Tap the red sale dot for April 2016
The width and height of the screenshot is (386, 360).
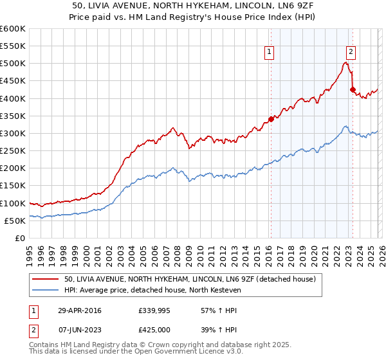point(271,119)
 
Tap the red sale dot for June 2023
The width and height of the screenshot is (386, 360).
point(353,89)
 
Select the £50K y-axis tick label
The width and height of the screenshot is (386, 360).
point(15,221)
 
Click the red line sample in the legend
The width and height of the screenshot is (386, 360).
point(46,279)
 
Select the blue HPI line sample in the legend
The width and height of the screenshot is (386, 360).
point(46,290)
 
